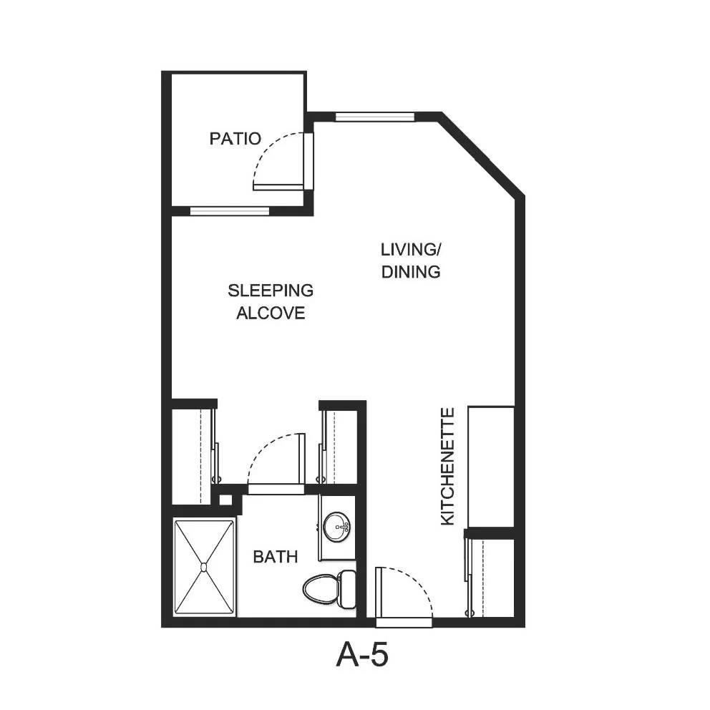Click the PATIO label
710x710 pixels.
pos(235,138)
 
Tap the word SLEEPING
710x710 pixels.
pos(271,291)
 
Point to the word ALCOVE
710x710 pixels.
pos(271,313)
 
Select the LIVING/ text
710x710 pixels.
pos(411,250)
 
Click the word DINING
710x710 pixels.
pos(411,272)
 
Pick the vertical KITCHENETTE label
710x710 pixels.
pos(447,467)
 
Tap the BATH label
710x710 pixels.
pos(276,557)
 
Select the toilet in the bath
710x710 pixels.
pos(329,590)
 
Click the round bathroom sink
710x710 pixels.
pos(336,527)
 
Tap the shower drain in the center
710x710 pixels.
pos(204,567)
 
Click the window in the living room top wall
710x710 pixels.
pos(374,117)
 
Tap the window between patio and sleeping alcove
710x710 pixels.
pos(230,210)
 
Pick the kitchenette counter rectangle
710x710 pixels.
pos(491,467)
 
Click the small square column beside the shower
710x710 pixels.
pos(225,500)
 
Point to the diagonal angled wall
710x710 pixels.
pos(482,155)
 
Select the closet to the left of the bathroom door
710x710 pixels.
pos(193,456)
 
